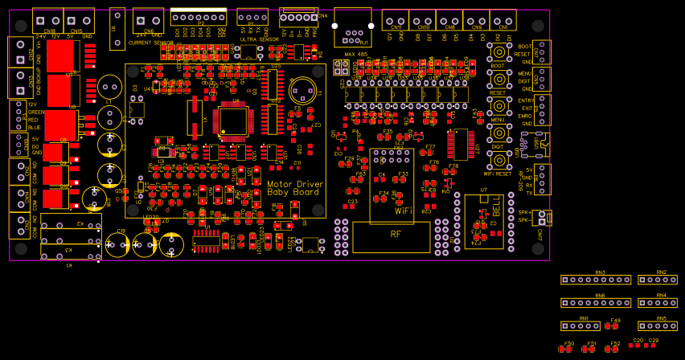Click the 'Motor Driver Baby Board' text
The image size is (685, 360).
pyautogui.click(x=295, y=188)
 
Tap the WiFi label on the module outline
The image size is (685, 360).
pyautogui.click(x=403, y=211)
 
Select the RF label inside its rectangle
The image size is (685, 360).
pyautogui.click(x=396, y=235)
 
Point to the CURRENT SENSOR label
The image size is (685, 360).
pyautogui.click(x=150, y=42)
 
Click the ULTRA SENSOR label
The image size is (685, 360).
pyautogui.click(x=259, y=39)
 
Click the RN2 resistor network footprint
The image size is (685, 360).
pyautogui.click(x=658, y=280)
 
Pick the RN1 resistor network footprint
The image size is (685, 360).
pyautogui.click(x=580, y=326)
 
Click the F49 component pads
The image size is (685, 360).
pyautogui.click(x=612, y=326)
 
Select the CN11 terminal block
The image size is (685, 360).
pyautogui.click(x=395, y=21)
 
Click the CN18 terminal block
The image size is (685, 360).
pyautogui.click(x=47, y=19)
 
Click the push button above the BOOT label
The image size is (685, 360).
pyautogui.click(x=498, y=51)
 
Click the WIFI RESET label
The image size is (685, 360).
pyautogui.click(x=498, y=174)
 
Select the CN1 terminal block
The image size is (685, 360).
pyautogui.click(x=503, y=21)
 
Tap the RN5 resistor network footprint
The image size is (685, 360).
pyautogui.click(x=658, y=326)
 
